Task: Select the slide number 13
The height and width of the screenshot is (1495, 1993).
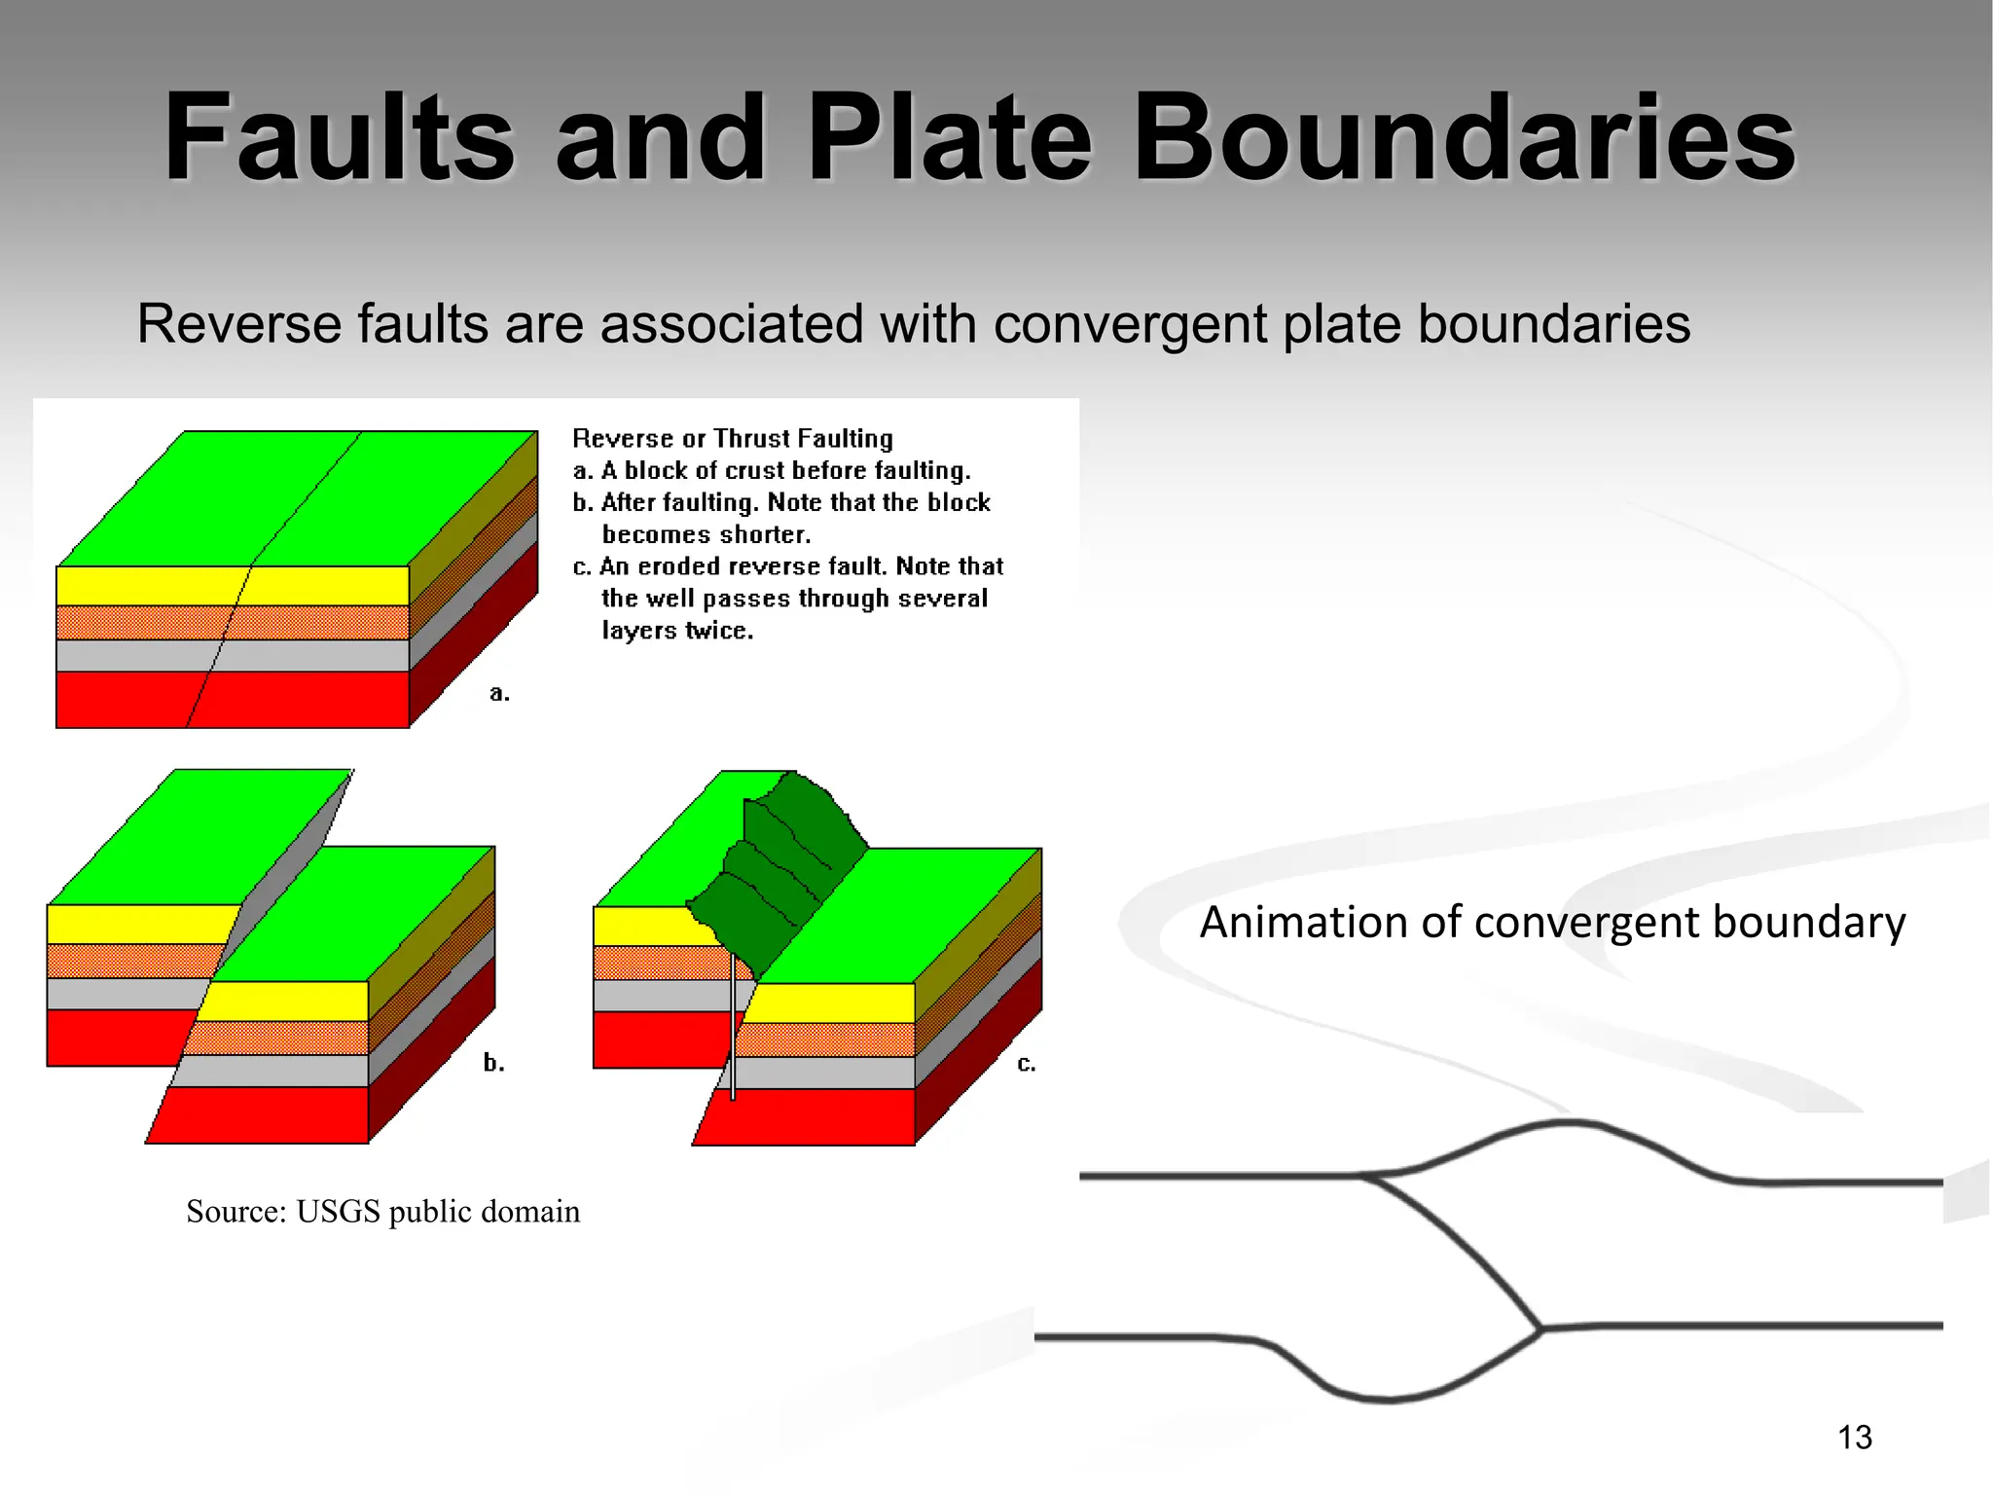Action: coord(1855,1437)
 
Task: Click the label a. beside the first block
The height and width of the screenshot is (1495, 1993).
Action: coord(499,693)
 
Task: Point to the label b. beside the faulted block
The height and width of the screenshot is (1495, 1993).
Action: coord(494,1062)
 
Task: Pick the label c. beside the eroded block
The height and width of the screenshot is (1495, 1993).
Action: coord(1027,1063)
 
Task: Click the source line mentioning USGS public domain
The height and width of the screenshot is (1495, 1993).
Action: coord(382,1211)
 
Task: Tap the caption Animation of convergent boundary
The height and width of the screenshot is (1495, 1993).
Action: coord(1552,922)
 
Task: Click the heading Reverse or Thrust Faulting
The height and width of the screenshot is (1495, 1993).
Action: coord(732,438)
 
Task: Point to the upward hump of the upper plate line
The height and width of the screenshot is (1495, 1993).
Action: coord(1567,1124)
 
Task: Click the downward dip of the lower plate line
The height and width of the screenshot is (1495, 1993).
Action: coord(1382,1399)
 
